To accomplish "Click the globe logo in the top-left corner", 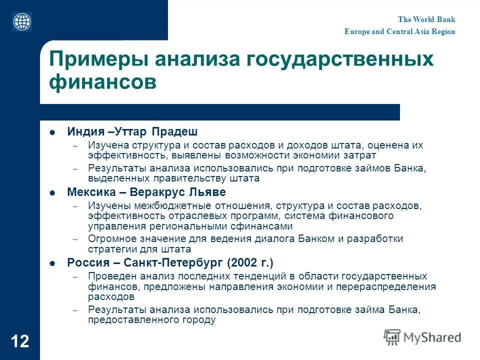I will pos(22,21).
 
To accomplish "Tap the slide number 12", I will pos(20,342).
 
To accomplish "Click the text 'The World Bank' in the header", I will pos(426,19).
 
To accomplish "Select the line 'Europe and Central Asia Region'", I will pos(399,31).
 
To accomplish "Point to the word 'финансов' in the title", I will pos(102,82).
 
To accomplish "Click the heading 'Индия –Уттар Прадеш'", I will pos(132,132).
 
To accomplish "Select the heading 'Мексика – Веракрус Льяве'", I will pos(146,192).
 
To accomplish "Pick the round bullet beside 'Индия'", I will pos(52,132).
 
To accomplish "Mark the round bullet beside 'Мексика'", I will pos(52,193).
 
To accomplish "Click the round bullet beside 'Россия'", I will pos(52,263).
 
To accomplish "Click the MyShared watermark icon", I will pos(392,337).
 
